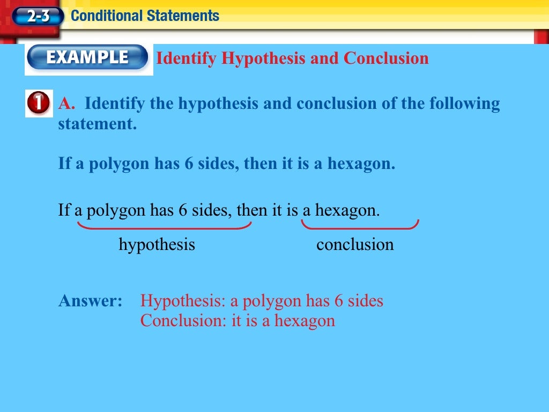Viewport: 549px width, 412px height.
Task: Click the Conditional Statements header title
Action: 145,16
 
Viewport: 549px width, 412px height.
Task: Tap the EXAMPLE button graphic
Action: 87,57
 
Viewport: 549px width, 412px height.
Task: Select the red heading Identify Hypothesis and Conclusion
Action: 292,58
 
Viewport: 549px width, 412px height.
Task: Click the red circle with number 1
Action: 39,103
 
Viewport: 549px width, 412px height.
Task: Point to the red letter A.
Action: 66,103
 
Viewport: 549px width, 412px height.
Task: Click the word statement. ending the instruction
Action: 97,124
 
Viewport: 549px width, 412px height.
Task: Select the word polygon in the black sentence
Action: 116,210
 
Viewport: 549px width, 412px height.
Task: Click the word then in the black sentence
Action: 251,210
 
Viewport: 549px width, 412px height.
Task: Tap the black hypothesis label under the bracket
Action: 157,245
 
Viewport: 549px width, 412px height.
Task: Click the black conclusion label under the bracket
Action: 355,245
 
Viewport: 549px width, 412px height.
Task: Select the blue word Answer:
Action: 91,300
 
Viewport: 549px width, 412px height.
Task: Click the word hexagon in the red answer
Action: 305,321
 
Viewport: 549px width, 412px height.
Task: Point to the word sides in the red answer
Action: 366,300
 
